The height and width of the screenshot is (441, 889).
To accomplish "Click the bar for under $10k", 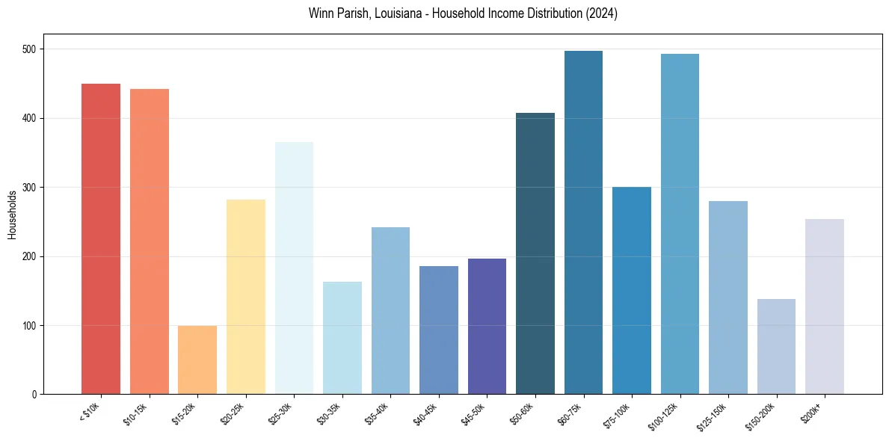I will (x=100, y=239).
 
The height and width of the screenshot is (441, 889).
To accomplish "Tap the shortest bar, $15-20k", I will (x=197, y=360).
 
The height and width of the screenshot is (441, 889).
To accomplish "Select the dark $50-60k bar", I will (x=535, y=253).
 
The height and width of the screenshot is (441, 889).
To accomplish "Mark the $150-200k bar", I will (x=776, y=346).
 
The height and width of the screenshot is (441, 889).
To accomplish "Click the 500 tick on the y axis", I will (x=34, y=49).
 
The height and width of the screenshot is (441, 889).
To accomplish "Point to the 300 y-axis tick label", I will (x=34, y=188).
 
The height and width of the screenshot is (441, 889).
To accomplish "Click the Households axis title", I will (x=12, y=215).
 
